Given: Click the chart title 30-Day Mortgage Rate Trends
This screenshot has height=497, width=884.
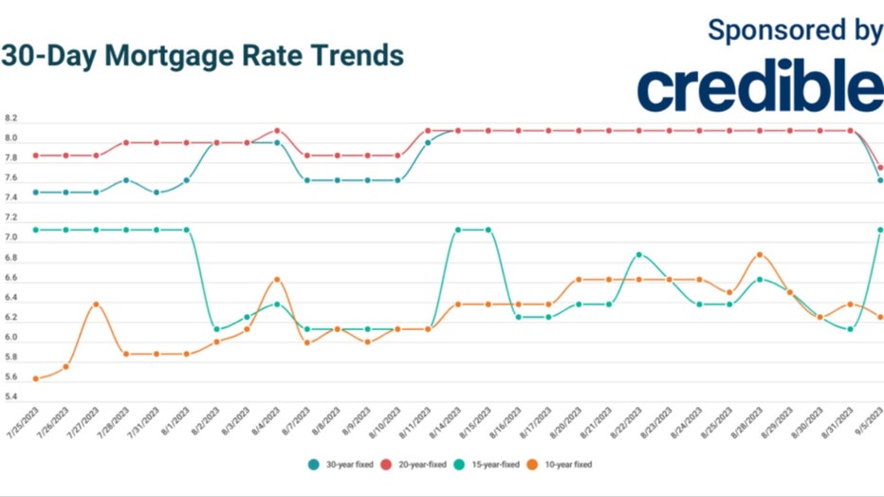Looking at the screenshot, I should (x=202, y=56).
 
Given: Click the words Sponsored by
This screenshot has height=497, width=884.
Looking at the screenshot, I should (x=795, y=29).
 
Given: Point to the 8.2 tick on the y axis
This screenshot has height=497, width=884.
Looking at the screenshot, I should (x=11, y=119).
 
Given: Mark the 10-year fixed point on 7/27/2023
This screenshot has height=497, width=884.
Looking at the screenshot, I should (x=96, y=304).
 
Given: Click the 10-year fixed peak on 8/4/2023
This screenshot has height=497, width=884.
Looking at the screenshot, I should (x=277, y=279).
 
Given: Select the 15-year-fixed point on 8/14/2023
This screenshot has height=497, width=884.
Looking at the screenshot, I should (x=458, y=230).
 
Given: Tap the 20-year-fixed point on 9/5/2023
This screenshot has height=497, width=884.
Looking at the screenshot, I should (x=880, y=167).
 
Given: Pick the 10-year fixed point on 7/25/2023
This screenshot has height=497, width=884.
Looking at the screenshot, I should (x=36, y=378).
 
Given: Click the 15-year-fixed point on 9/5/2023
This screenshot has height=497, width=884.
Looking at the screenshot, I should (x=880, y=230).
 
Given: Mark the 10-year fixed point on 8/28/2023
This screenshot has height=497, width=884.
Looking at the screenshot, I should (x=760, y=254).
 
